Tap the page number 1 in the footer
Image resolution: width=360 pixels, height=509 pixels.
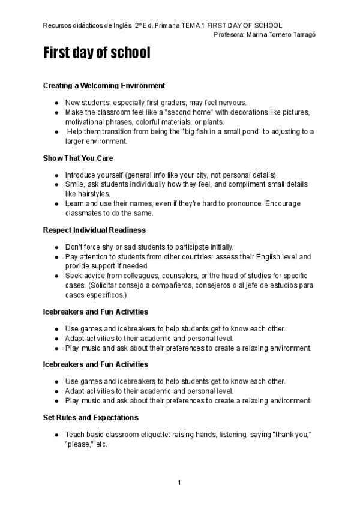(x=179, y=483)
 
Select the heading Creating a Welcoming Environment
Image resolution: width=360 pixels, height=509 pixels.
(x=104, y=86)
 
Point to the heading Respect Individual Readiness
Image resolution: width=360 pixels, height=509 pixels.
(x=94, y=230)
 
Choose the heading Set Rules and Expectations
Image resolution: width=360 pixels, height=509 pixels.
(x=91, y=417)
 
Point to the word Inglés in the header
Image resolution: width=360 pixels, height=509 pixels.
(x=122, y=26)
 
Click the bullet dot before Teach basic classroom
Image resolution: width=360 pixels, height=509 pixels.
(x=56, y=434)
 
